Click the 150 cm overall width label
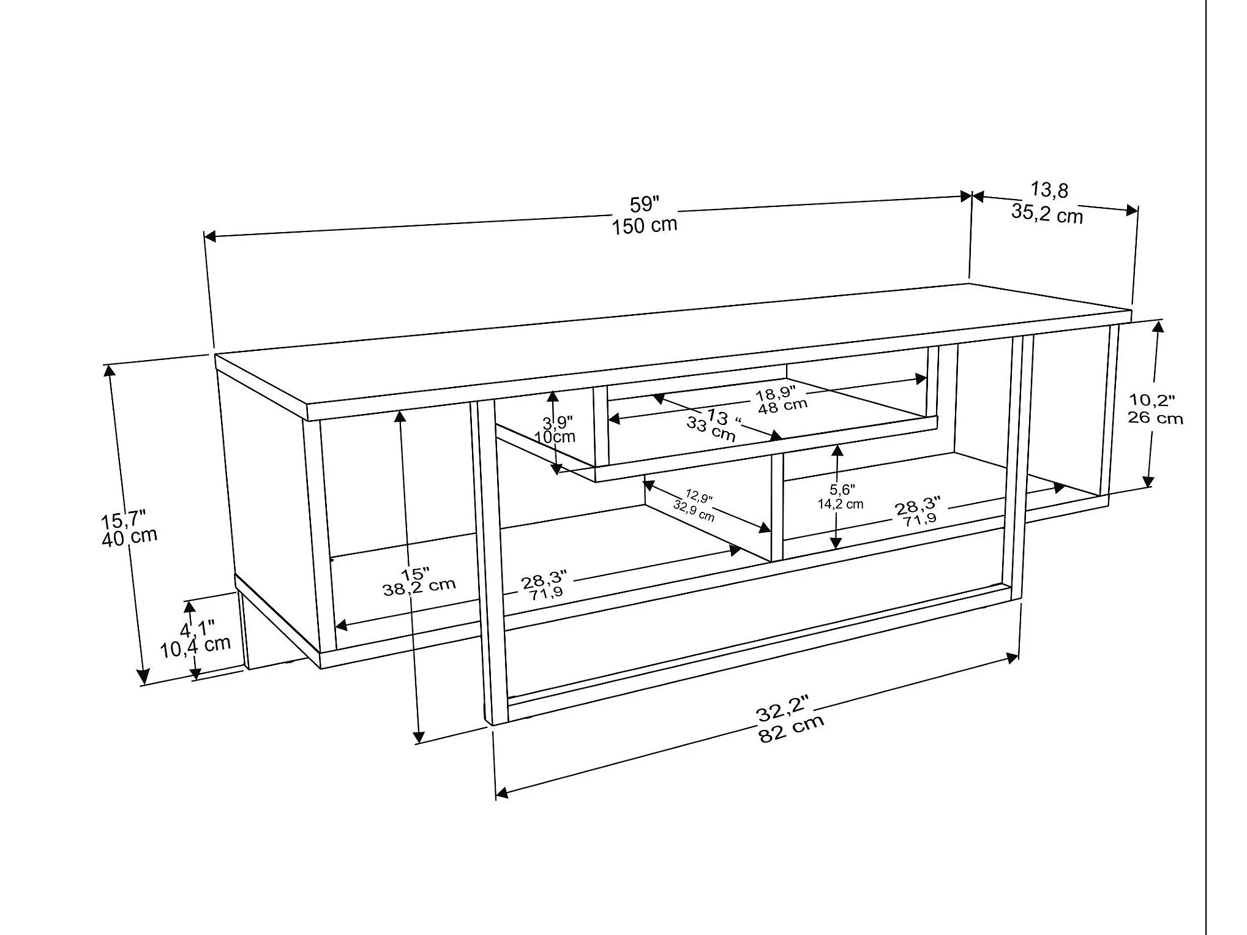click(645, 225)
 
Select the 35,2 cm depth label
click(1047, 214)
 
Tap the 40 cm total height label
click(130, 538)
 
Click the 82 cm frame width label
click(792, 729)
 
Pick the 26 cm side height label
click(1156, 418)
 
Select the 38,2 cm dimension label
click(419, 587)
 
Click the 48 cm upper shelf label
click(783, 406)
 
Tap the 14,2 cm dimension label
click(841, 504)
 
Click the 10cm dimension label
click(555, 437)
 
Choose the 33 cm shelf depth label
click(711, 429)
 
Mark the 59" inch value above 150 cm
click(645, 205)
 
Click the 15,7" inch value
click(123, 520)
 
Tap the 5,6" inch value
click(842, 489)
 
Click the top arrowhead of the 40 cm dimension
click(110, 370)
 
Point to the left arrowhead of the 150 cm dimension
click(211, 236)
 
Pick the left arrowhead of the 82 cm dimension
click(502, 792)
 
